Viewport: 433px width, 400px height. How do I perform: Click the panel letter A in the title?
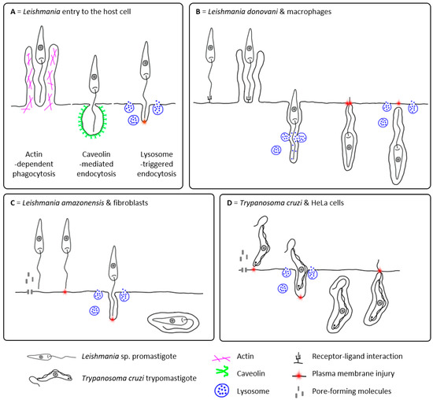coord(10,9)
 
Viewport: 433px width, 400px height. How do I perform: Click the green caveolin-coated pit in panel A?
coord(101,120)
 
